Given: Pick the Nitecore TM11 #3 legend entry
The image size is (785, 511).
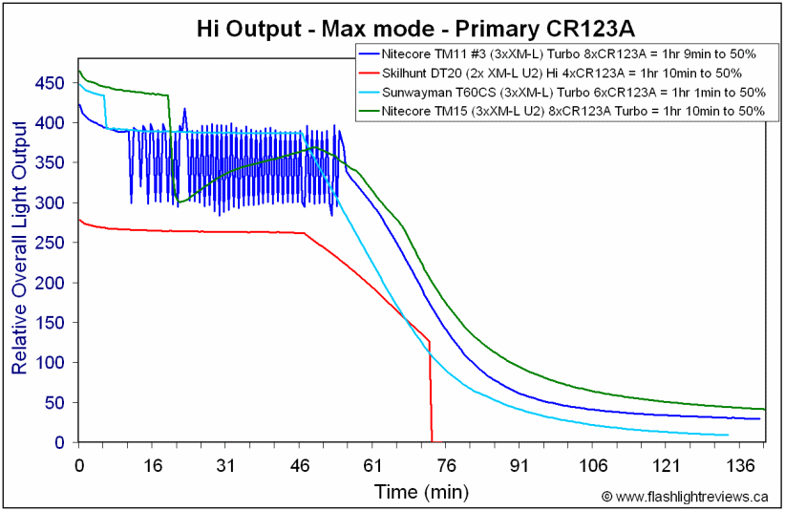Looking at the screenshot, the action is click(557, 54).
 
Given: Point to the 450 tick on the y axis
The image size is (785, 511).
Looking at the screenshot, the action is click(50, 83).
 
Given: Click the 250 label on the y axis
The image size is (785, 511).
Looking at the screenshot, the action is click(50, 243).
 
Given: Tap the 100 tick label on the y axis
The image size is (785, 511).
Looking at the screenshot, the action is click(50, 362).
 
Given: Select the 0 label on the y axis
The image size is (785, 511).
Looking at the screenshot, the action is click(59, 442).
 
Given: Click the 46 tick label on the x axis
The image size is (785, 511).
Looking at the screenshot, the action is click(299, 466).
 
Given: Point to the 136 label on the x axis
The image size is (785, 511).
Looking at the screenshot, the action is click(740, 466).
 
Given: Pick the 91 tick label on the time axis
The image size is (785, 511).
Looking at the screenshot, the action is click(520, 466).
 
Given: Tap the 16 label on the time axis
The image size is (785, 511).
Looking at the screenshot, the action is click(153, 466).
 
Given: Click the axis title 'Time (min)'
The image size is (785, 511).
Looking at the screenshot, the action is click(421, 492).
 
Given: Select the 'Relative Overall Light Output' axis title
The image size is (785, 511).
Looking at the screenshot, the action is click(19, 247).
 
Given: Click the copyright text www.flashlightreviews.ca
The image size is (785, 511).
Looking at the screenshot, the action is click(685, 497).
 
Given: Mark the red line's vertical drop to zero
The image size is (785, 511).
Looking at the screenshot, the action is click(431, 392).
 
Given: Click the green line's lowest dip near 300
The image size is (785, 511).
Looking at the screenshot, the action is click(180, 202).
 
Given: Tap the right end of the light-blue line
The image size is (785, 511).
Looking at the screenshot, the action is click(728, 435).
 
